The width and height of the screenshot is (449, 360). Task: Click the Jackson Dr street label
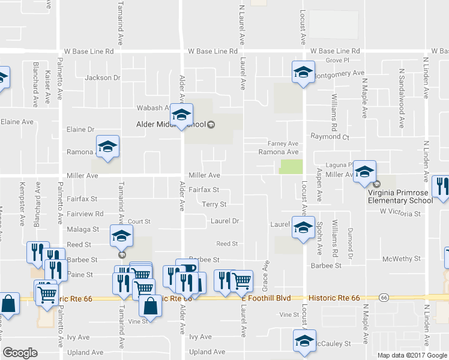[x=102, y=77]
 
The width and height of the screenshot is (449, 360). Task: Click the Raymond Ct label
[x=330, y=137]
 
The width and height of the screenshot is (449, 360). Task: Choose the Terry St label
[x=214, y=205]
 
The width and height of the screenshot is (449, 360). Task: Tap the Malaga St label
[x=83, y=229]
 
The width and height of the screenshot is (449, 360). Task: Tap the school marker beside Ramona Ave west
[x=108, y=148]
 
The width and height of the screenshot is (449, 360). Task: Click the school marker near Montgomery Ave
[x=303, y=73]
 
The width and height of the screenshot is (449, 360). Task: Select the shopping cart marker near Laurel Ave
[x=241, y=280]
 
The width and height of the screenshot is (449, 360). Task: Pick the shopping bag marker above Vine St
[x=150, y=306]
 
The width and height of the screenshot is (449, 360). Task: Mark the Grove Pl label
[x=337, y=61]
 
